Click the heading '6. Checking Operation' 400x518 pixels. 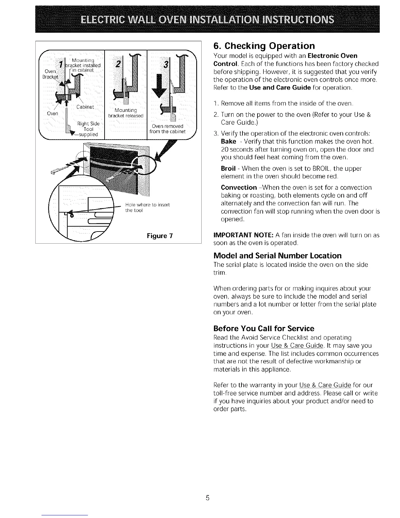click(264, 45)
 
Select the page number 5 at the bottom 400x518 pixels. click(207, 498)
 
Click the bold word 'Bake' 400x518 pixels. click(228, 142)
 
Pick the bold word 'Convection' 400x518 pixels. click(239, 188)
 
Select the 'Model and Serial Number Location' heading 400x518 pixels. click(277, 256)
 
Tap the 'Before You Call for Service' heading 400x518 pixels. click(263, 328)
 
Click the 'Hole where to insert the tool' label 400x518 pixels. click(147, 208)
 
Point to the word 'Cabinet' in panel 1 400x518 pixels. click(85, 107)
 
